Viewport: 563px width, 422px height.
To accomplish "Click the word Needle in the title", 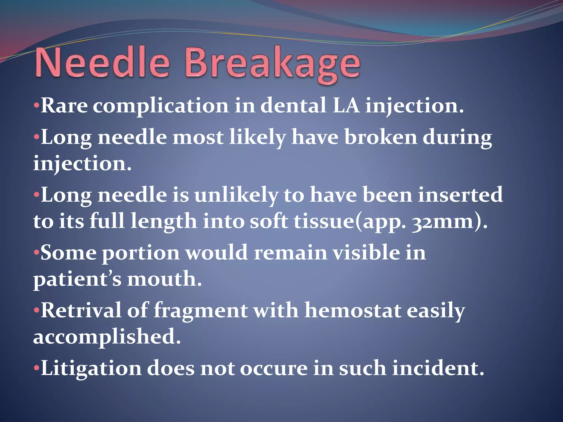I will (x=102, y=64).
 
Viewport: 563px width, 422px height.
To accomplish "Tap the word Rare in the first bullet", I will (x=64, y=106).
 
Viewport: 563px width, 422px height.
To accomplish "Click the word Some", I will (x=68, y=253).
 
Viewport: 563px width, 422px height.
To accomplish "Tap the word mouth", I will (x=164, y=279).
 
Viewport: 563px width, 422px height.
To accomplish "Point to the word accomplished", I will (x=107, y=337).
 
